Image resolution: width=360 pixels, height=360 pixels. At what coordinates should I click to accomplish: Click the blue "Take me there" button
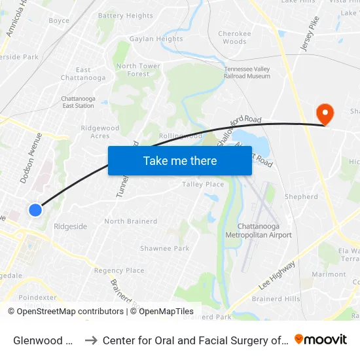point(180,161)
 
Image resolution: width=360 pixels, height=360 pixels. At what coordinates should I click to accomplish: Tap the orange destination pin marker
point(324,115)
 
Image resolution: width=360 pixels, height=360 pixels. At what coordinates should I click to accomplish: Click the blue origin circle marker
point(35,209)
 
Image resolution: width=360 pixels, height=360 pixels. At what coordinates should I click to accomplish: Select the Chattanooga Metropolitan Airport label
point(258,230)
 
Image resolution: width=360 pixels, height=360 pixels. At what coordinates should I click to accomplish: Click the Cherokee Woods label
point(234,37)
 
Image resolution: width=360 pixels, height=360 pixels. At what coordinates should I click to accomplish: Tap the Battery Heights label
point(125,16)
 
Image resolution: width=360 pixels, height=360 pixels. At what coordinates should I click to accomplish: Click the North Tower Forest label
point(138,70)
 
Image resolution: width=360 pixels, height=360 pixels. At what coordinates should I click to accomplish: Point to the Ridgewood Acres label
point(100,132)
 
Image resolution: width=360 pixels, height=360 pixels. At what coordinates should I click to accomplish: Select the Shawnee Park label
point(164,249)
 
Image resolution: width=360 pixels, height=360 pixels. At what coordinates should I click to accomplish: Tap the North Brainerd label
point(131,221)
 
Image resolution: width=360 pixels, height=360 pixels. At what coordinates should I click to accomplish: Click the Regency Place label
point(118,270)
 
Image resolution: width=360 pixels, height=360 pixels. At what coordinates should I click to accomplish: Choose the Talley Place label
point(203,185)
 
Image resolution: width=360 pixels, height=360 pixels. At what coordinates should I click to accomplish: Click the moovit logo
point(321,340)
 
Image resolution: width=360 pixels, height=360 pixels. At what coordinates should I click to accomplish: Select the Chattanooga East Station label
point(78,101)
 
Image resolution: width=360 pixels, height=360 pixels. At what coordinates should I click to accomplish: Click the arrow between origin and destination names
point(91,340)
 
